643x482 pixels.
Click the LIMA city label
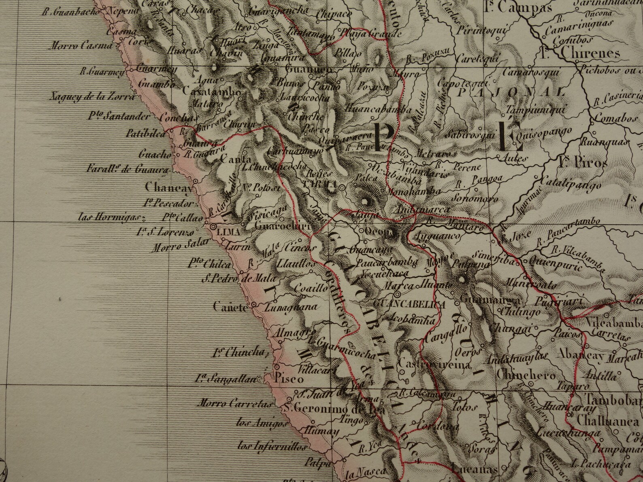[x=229, y=232]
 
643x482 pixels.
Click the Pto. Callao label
[x=182, y=217]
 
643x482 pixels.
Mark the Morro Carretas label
[x=234, y=403]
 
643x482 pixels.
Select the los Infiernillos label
[x=272, y=446]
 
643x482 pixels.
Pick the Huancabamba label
[x=379, y=108]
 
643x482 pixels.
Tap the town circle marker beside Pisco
[x=277, y=367]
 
